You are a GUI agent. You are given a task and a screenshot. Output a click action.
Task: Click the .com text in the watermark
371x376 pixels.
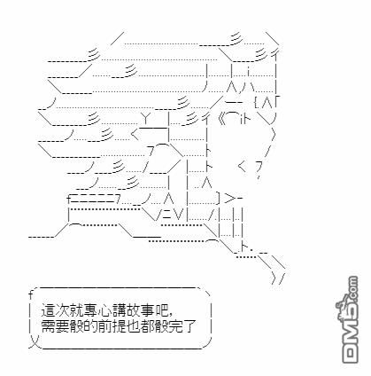[x=352, y=288]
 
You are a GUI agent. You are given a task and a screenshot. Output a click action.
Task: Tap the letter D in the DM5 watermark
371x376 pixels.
[x=351, y=354]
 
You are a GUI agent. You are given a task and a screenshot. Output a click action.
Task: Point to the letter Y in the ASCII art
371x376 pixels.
[x=145, y=118]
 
